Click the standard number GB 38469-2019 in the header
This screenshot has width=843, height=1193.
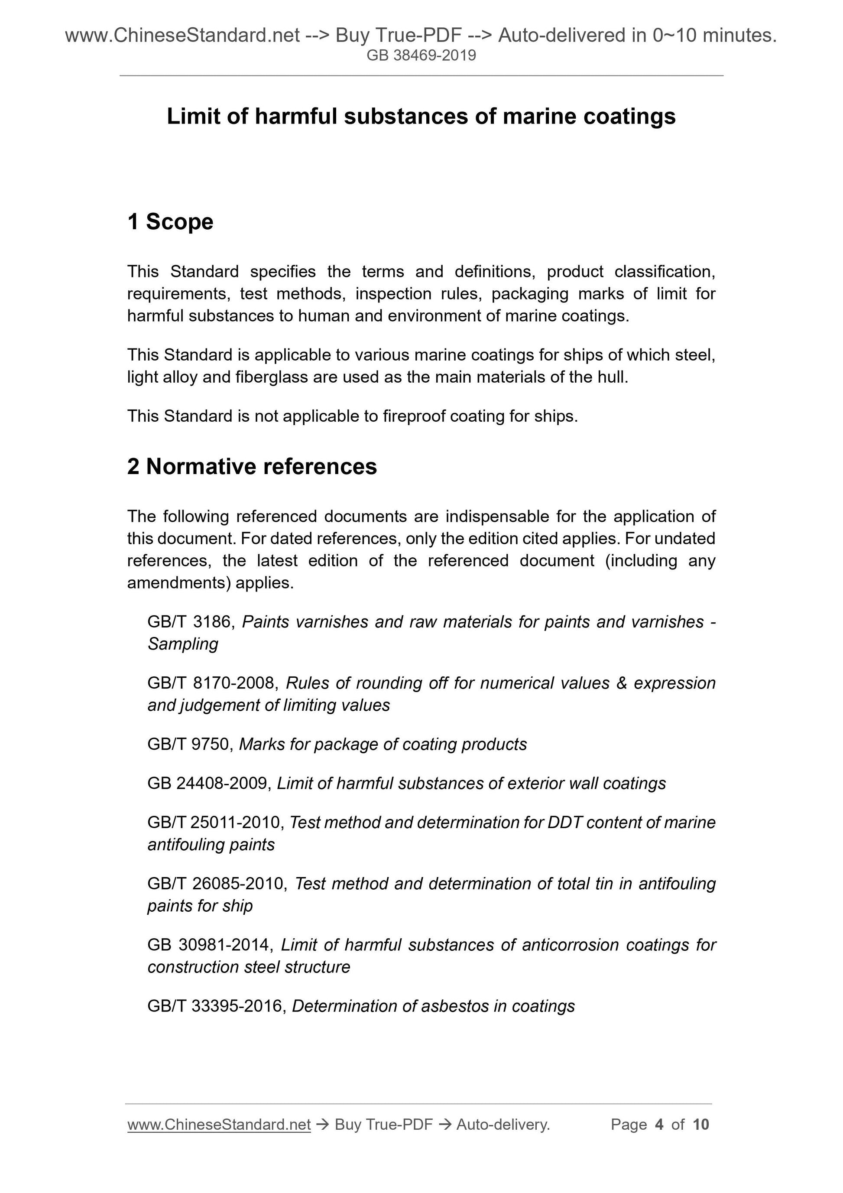421,55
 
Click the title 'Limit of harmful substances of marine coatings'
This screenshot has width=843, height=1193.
421,117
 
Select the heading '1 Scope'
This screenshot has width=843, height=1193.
170,222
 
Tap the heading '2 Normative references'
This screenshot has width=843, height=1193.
252,467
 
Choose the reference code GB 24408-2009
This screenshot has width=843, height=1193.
209,783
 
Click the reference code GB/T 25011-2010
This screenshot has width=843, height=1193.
215,822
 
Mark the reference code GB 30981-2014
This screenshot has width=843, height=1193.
209,945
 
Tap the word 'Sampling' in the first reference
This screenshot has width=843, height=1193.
183,644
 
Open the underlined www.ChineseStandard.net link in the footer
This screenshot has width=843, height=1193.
219,1125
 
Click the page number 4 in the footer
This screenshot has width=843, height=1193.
659,1125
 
